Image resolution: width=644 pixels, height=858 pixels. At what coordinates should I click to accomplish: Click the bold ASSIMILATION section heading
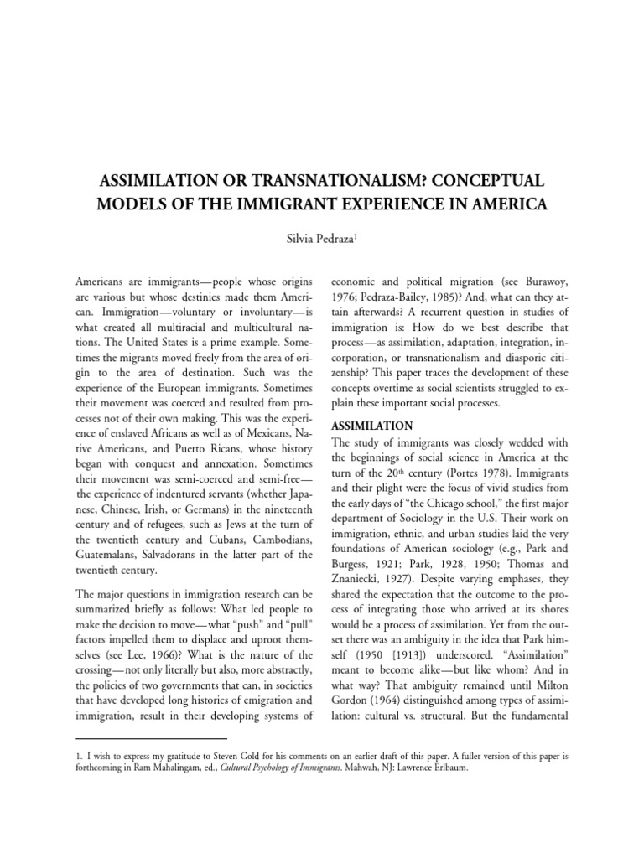point(374,425)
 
